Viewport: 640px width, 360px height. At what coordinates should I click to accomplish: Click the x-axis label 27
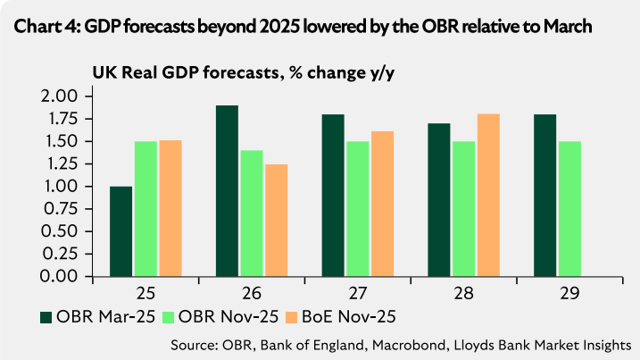click(355, 292)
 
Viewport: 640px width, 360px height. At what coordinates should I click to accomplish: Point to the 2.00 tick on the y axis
click(62, 96)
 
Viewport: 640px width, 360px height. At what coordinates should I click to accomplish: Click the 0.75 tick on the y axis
click(62, 209)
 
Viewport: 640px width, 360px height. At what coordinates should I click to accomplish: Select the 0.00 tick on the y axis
click(62, 276)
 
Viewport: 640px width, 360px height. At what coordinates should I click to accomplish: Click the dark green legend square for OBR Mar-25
click(47, 316)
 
